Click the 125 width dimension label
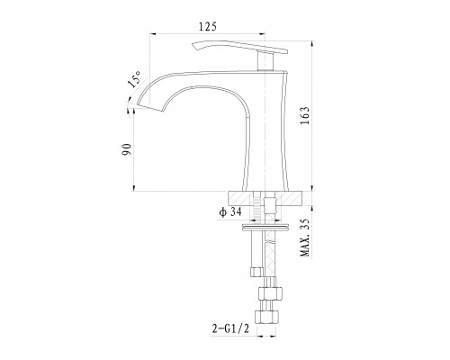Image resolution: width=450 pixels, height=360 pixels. click(207, 27)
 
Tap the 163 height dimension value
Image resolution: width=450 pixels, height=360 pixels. click(304, 116)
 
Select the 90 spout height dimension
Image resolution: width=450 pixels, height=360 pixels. click(127, 149)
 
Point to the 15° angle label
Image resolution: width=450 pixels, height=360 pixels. click(134, 79)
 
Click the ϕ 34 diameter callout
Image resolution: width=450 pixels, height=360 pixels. click(230, 212)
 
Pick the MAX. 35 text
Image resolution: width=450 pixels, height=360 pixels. click(304, 238)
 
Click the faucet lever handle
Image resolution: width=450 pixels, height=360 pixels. click(239, 47)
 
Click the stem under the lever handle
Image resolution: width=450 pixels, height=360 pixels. click(265, 60)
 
